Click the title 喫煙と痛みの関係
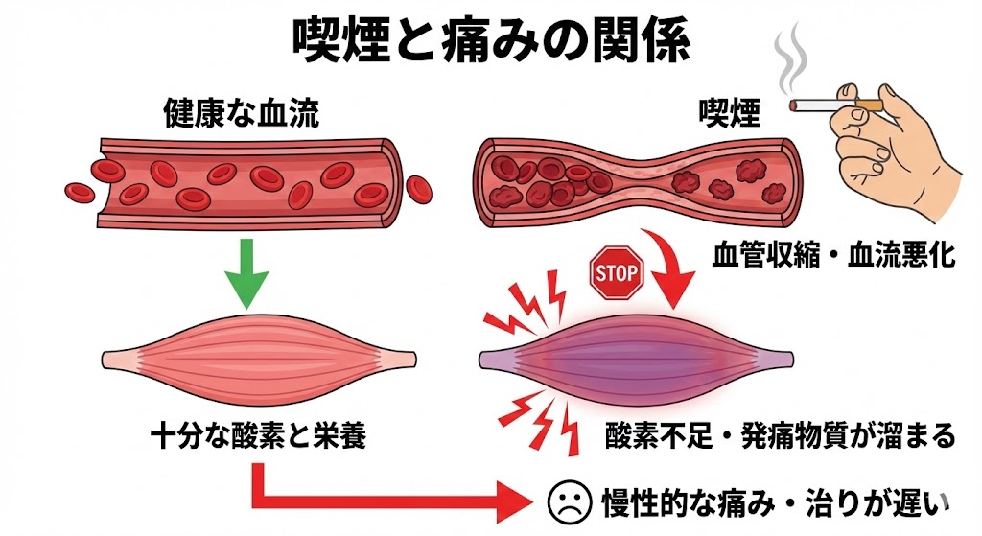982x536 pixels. (490, 38)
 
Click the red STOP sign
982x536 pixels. (616, 274)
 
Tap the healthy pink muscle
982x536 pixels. (259, 360)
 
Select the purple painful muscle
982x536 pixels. (638, 359)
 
